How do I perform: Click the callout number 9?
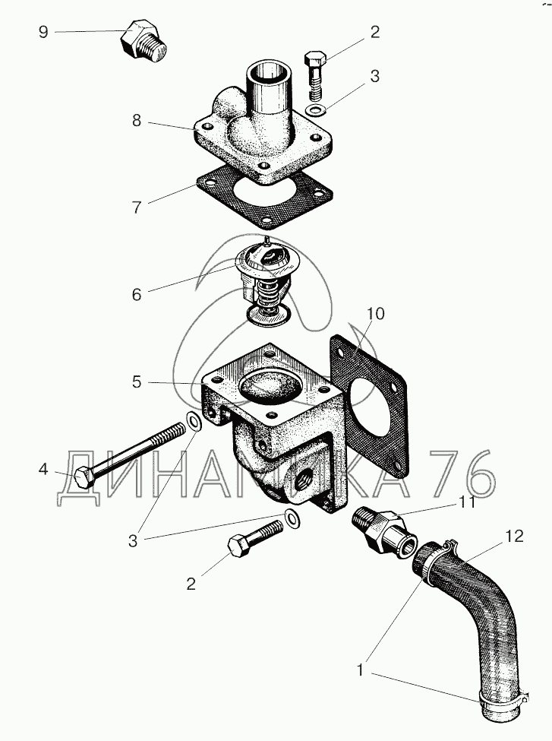[x=43, y=32]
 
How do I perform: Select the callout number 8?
[x=137, y=121]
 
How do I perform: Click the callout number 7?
[x=137, y=207]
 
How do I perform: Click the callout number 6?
[x=137, y=295]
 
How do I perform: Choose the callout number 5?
[x=137, y=382]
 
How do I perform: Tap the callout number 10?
[x=376, y=314]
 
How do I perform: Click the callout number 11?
[x=466, y=502]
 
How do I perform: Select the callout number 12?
[x=514, y=536]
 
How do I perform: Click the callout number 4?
[x=43, y=469]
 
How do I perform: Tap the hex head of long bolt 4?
[x=84, y=477]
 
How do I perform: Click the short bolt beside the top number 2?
[x=315, y=75]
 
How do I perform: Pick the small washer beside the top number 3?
[x=314, y=110]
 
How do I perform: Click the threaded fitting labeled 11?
[x=385, y=530]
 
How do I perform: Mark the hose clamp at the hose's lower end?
[x=504, y=698]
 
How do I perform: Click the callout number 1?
[x=361, y=670]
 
